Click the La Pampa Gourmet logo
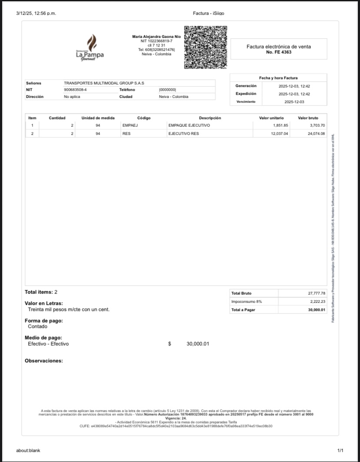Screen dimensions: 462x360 tap(90, 48)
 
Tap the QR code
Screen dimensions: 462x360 tap(206, 47)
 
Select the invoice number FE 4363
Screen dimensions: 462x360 tap(279, 52)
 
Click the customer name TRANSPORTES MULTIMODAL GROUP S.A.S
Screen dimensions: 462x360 tap(104, 83)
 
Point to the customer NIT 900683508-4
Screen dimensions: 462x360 tap(75, 90)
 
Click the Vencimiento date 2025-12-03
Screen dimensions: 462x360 tap(294, 102)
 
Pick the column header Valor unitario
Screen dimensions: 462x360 tap(271, 118)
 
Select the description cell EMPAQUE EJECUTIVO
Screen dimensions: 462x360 tap(189, 125)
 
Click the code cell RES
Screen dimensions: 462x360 tap(127, 134)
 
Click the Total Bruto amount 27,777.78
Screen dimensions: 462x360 tap(317, 293)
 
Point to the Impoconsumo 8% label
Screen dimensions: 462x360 tap(247, 301)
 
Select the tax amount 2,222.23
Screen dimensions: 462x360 tap(317, 301)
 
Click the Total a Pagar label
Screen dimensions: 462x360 tap(243, 310)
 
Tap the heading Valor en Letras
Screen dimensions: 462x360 tap(44, 303)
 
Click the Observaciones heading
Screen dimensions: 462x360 tap(43, 361)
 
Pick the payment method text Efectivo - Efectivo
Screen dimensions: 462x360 tap(48, 344)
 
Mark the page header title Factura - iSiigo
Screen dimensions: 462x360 tap(209, 13)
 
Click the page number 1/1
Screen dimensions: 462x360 tap(340, 450)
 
